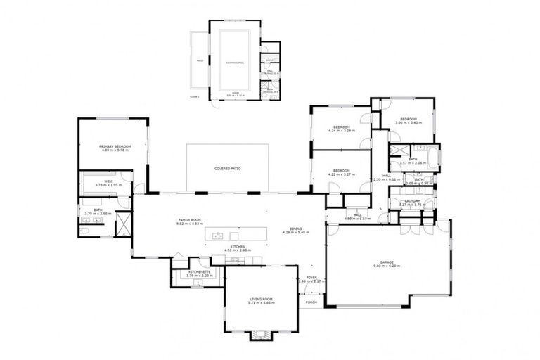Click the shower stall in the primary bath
[123, 224]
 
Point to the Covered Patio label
[228, 169]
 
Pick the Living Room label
[261, 300]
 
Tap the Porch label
[311, 302]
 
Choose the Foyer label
[311, 277]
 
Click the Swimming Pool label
[234, 63]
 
